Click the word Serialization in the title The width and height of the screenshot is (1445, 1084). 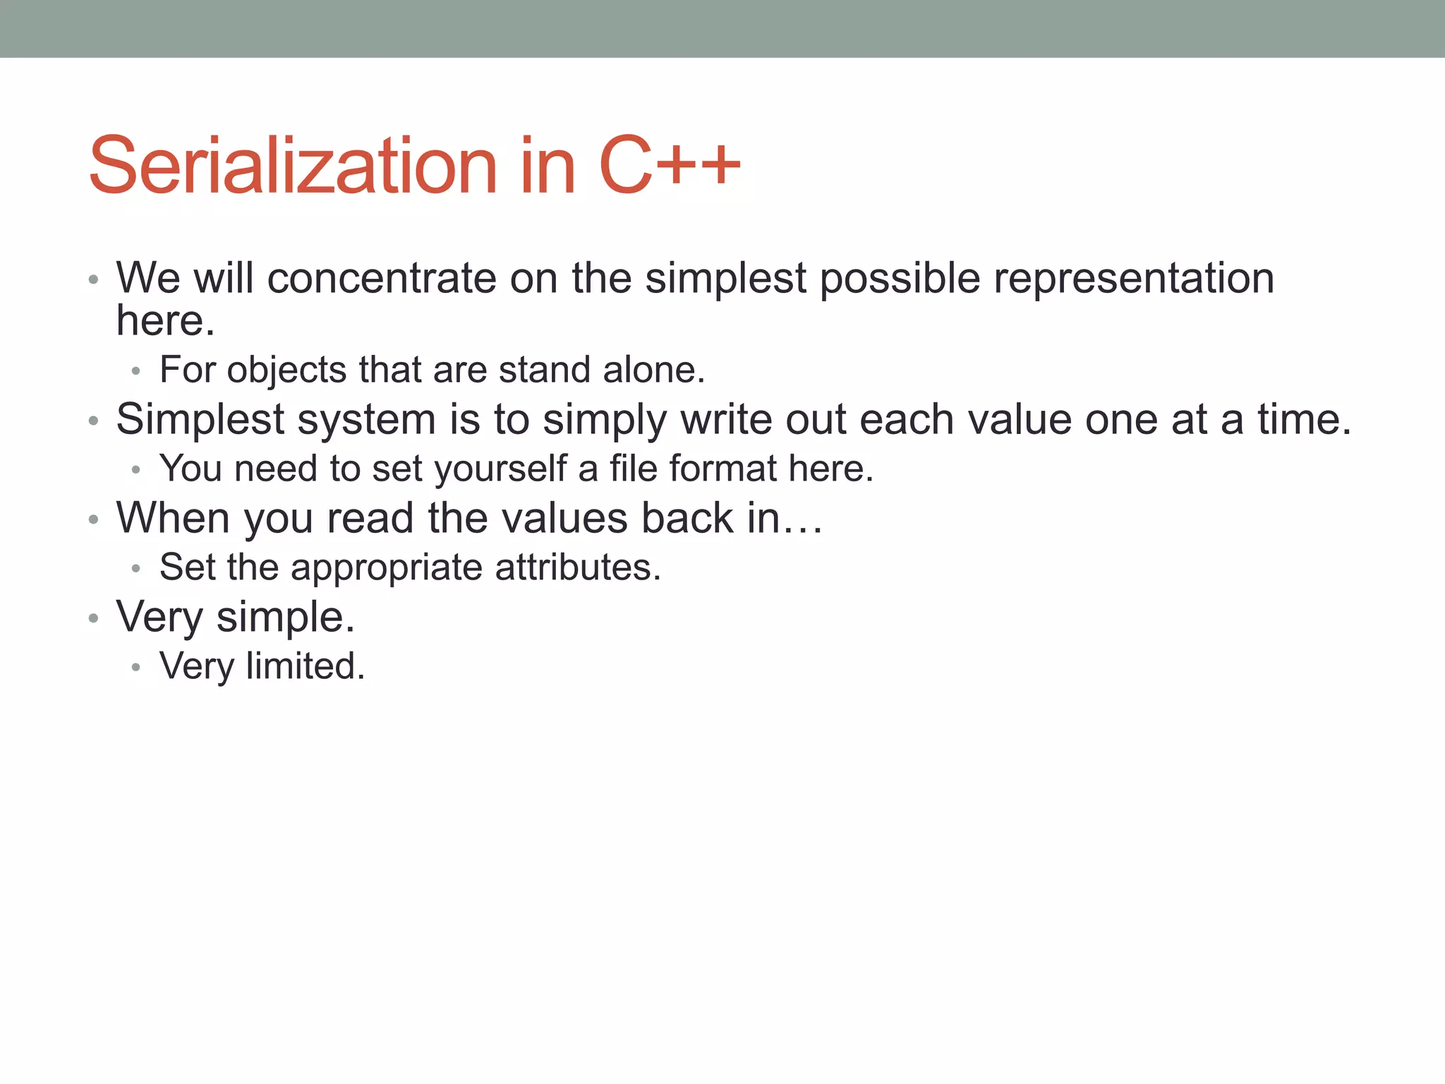(x=293, y=166)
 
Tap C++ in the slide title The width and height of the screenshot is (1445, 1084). (x=669, y=166)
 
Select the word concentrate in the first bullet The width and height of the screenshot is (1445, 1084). (x=382, y=278)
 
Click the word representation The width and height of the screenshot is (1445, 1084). (x=1133, y=278)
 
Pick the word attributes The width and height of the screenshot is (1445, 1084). (x=577, y=567)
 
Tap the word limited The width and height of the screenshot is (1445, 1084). (x=305, y=666)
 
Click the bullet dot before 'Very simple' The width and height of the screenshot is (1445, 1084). (x=93, y=619)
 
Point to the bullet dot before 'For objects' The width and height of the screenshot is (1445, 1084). (x=136, y=371)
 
